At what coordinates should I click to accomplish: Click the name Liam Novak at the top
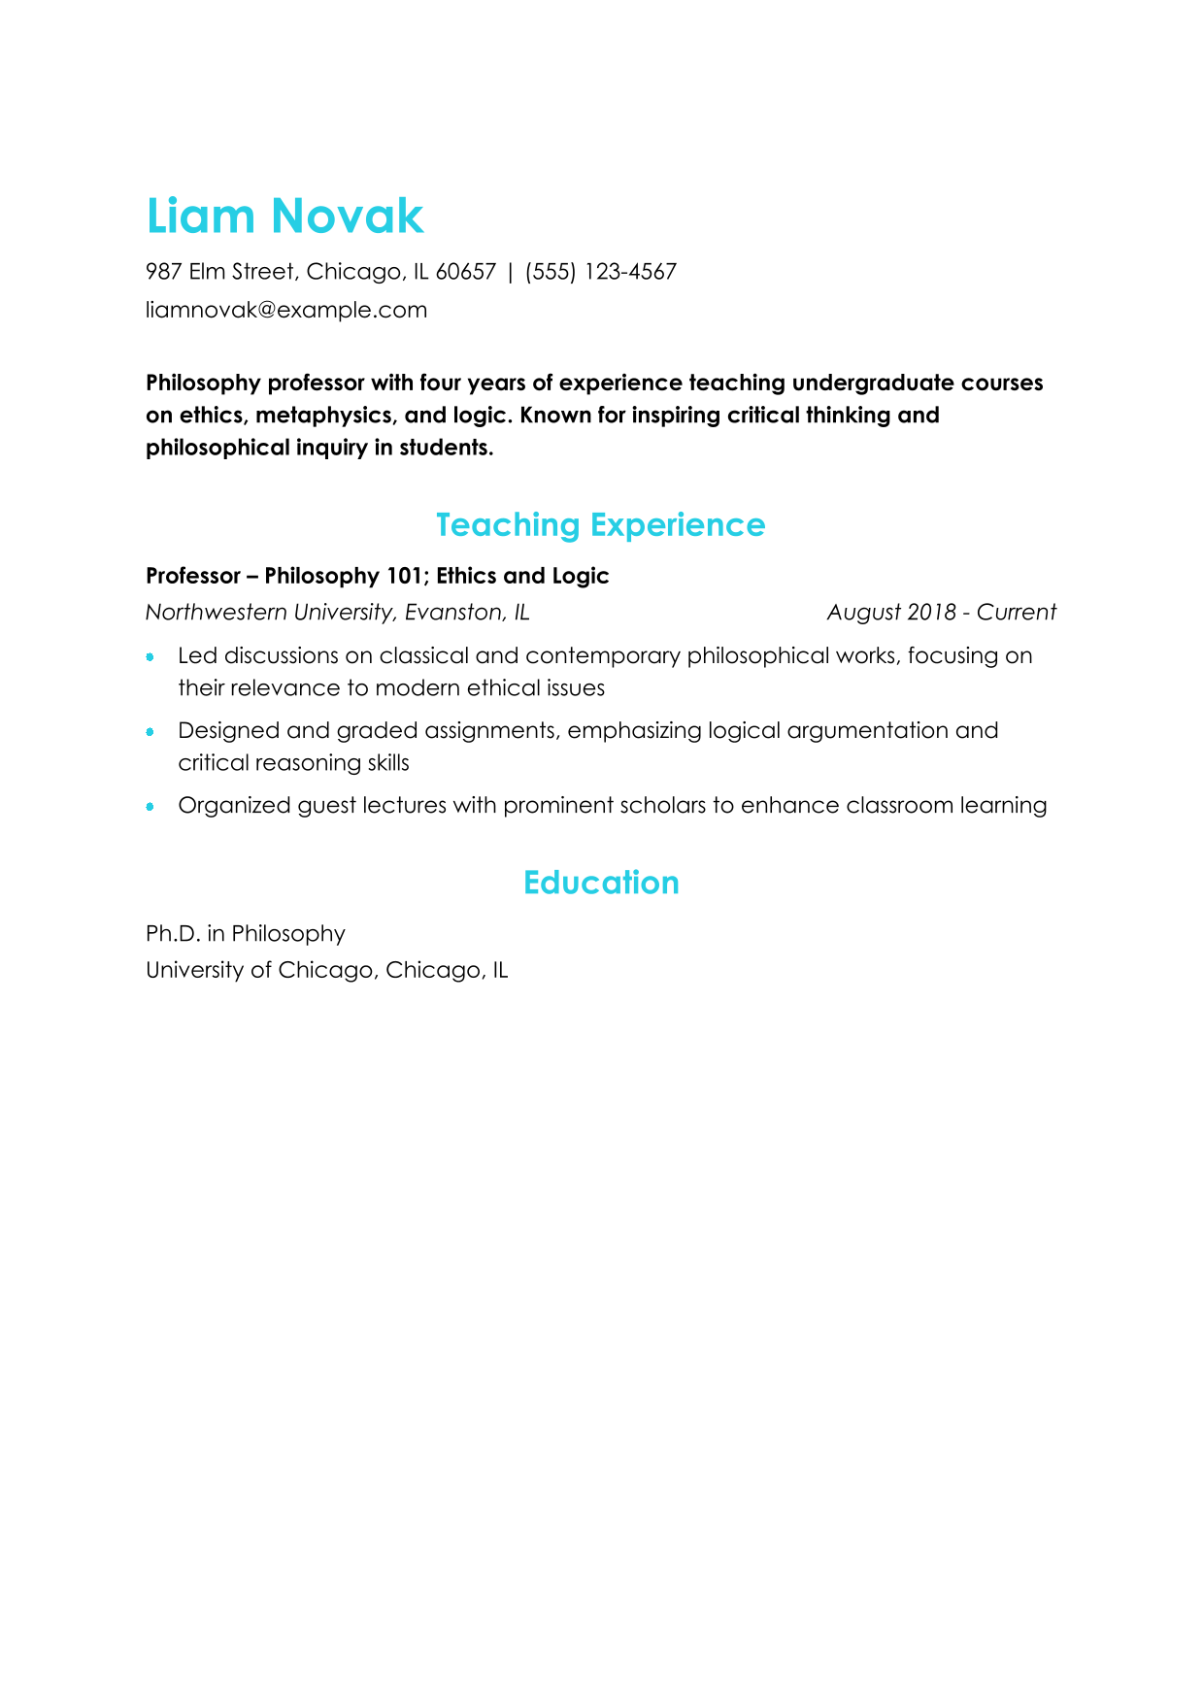284,216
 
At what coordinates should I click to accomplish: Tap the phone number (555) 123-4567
600,272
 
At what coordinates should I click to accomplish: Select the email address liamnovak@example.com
286,311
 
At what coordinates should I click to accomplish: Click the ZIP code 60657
465,272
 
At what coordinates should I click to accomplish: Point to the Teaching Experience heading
600,525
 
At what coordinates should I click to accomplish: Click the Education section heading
601,883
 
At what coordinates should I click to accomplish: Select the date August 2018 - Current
941,613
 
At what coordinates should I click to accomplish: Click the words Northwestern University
269,613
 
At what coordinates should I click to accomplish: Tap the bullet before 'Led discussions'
150,657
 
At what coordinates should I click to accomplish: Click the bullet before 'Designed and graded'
150,732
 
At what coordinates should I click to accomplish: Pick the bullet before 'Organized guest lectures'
150,807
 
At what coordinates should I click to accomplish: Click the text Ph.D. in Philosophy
246,934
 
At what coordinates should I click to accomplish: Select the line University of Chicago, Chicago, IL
326,971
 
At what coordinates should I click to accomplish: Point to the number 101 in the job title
405,577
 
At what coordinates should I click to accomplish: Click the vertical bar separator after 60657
511,272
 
